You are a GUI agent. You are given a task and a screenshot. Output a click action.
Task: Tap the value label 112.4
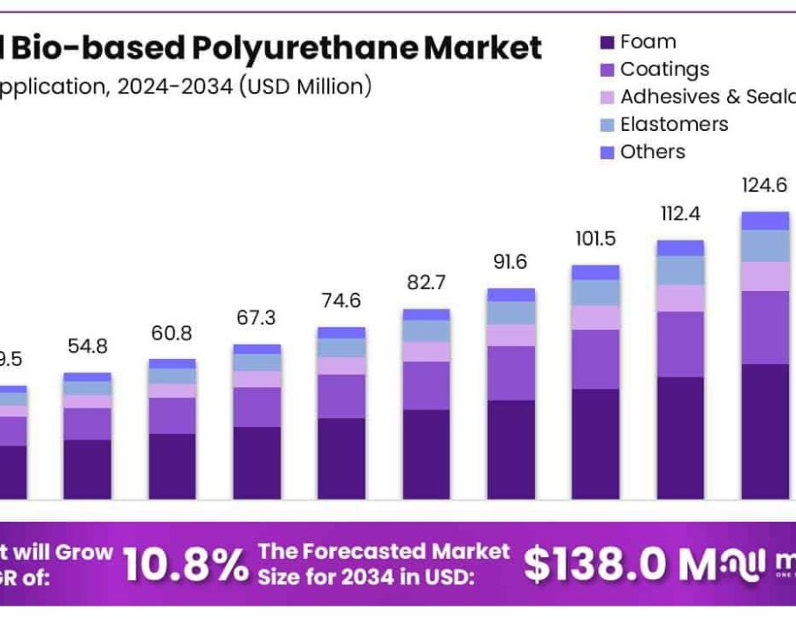click(680, 214)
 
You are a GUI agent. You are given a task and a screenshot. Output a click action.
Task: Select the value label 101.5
click(595, 240)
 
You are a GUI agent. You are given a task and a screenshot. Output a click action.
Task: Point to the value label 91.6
click(510, 263)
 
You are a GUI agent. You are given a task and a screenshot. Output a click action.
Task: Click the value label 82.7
click(426, 284)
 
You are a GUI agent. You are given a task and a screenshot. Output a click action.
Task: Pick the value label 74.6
click(341, 301)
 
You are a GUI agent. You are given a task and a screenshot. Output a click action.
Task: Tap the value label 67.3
click(256, 318)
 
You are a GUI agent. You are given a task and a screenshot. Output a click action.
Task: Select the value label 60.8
click(172, 334)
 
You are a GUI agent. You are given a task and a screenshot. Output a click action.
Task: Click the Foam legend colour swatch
click(607, 42)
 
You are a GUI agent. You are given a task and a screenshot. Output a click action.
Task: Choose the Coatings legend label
click(664, 69)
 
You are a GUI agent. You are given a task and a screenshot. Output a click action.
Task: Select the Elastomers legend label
click(674, 124)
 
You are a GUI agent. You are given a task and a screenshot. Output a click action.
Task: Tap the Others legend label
click(653, 151)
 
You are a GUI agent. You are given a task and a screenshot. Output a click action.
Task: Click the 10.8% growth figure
click(186, 565)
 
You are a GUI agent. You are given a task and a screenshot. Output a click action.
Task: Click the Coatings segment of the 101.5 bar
click(595, 359)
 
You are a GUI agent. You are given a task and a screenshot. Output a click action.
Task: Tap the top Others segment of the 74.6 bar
click(341, 332)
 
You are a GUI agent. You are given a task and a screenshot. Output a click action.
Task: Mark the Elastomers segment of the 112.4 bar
click(680, 271)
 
